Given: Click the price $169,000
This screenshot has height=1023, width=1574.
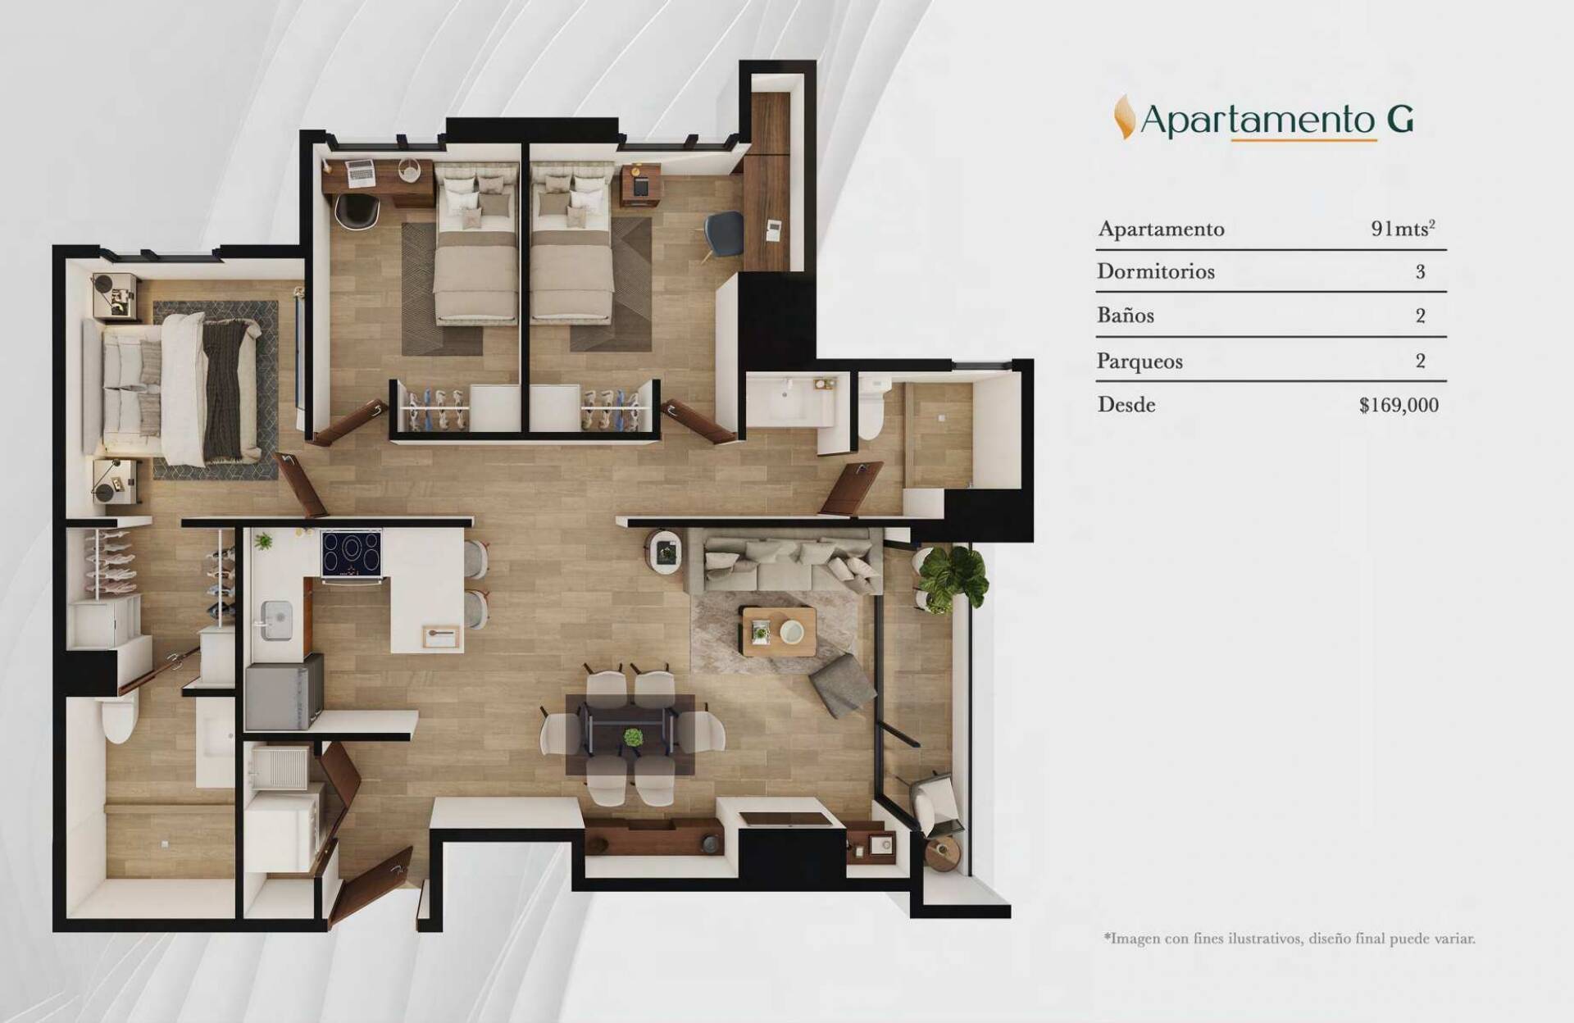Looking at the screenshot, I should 1399,405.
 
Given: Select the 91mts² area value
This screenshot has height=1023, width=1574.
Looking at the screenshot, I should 1403,229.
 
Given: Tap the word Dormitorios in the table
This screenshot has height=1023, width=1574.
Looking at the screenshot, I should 1156,271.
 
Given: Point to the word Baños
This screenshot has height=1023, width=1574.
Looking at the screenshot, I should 1126,316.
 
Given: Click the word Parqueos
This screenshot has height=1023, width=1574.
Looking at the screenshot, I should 1140,361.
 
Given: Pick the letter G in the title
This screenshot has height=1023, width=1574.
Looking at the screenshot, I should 1400,120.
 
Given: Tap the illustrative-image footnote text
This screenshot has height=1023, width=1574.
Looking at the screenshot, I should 1290,939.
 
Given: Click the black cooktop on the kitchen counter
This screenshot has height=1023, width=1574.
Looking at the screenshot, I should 352,552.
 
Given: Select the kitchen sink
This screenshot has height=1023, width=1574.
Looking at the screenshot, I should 277,621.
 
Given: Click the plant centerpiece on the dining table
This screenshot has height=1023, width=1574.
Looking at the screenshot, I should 632,737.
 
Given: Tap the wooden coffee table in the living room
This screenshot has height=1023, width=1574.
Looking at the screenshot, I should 777,631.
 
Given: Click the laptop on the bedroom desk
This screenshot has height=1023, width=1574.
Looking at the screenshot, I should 359,171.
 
